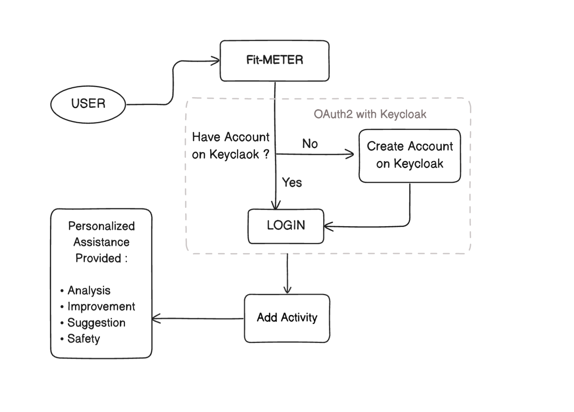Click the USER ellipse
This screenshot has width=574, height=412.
click(88, 104)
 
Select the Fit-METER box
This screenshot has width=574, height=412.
click(275, 61)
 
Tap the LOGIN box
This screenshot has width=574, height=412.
click(286, 226)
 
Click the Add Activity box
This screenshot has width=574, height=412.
click(287, 318)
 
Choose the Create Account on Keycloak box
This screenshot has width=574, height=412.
click(409, 156)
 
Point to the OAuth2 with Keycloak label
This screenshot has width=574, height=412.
click(370, 114)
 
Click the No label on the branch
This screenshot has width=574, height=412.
click(310, 144)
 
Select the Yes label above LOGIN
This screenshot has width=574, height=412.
click(292, 182)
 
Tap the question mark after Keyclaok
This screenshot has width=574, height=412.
click(266, 154)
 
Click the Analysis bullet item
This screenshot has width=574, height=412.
click(89, 291)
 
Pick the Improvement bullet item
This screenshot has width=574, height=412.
click(101, 307)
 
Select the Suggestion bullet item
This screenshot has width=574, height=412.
click(96, 323)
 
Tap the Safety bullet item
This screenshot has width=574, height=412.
click(83, 339)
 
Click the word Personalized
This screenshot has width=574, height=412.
click(101, 226)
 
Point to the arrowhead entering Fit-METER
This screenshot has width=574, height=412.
click(216, 61)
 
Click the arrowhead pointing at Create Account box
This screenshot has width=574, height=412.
click(351, 154)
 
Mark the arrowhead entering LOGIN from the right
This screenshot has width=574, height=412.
click(328, 227)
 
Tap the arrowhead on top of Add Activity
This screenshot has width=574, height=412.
click(287, 290)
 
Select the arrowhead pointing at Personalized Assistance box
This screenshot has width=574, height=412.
click(156, 319)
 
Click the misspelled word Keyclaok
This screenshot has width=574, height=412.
click(234, 154)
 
